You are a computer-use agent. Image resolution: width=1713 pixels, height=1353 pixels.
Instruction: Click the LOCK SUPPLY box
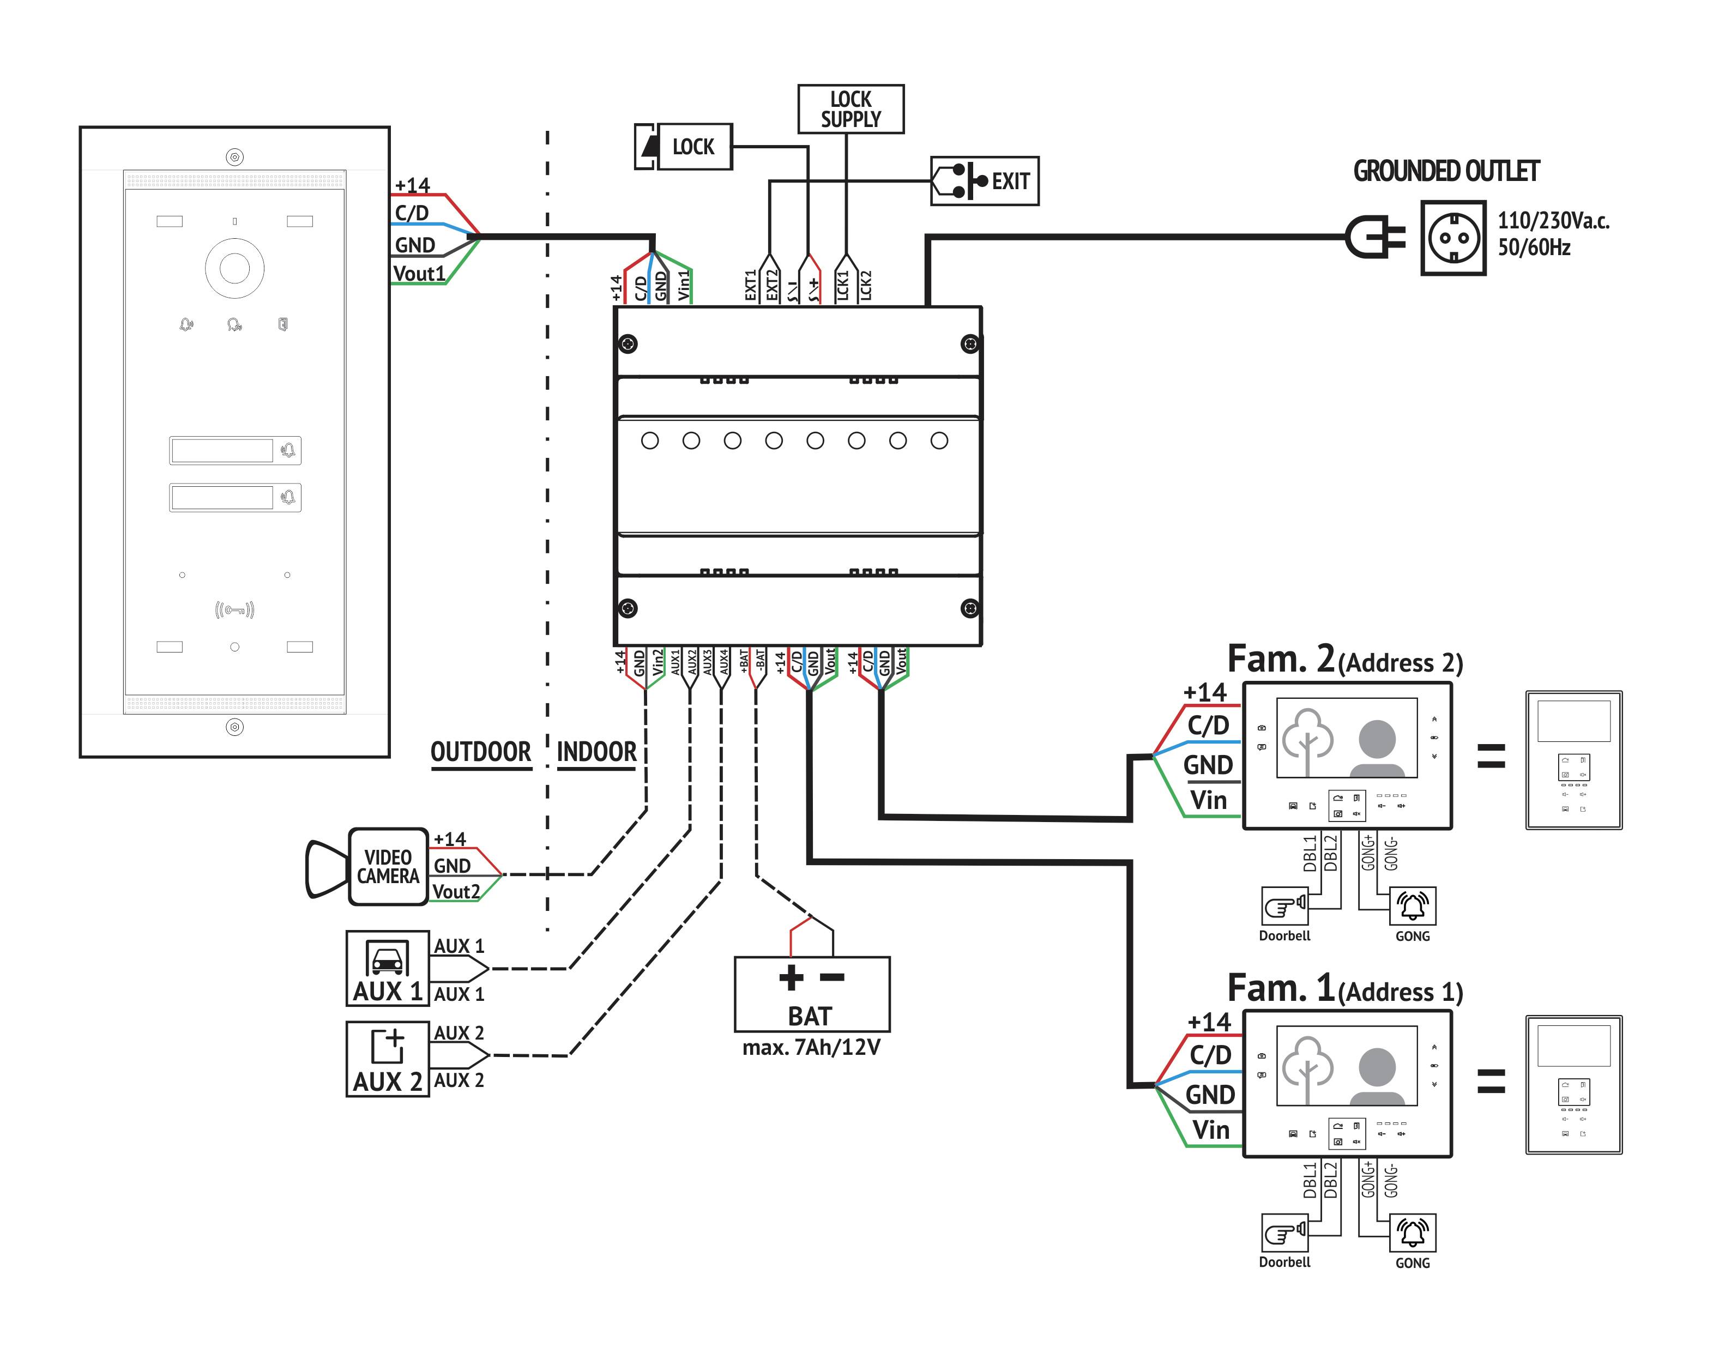(x=850, y=110)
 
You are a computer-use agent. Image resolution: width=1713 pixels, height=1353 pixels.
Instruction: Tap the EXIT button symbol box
(x=984, y=182)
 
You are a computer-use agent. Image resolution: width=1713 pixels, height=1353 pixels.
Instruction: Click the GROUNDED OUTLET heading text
(x=1445, y=171)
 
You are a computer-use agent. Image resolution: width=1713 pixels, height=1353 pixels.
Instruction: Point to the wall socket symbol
(x=1452, y=238)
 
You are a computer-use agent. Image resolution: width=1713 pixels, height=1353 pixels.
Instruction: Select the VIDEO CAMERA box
(x=388, y=867)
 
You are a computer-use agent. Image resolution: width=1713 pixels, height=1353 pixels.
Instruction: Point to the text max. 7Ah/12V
(x=811, y=1048)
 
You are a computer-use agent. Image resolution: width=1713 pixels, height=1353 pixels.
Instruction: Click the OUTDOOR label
(x=480, y=752)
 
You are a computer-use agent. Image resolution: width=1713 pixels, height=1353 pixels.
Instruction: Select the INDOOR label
(x=596, y=752)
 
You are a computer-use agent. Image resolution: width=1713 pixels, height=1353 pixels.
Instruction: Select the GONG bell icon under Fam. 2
(x=1413, y=906)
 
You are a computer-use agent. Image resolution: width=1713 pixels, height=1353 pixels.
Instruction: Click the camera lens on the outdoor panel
(x=234, y=268)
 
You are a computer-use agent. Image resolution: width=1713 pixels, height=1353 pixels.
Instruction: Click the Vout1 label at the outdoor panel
(x=419, y=274)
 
